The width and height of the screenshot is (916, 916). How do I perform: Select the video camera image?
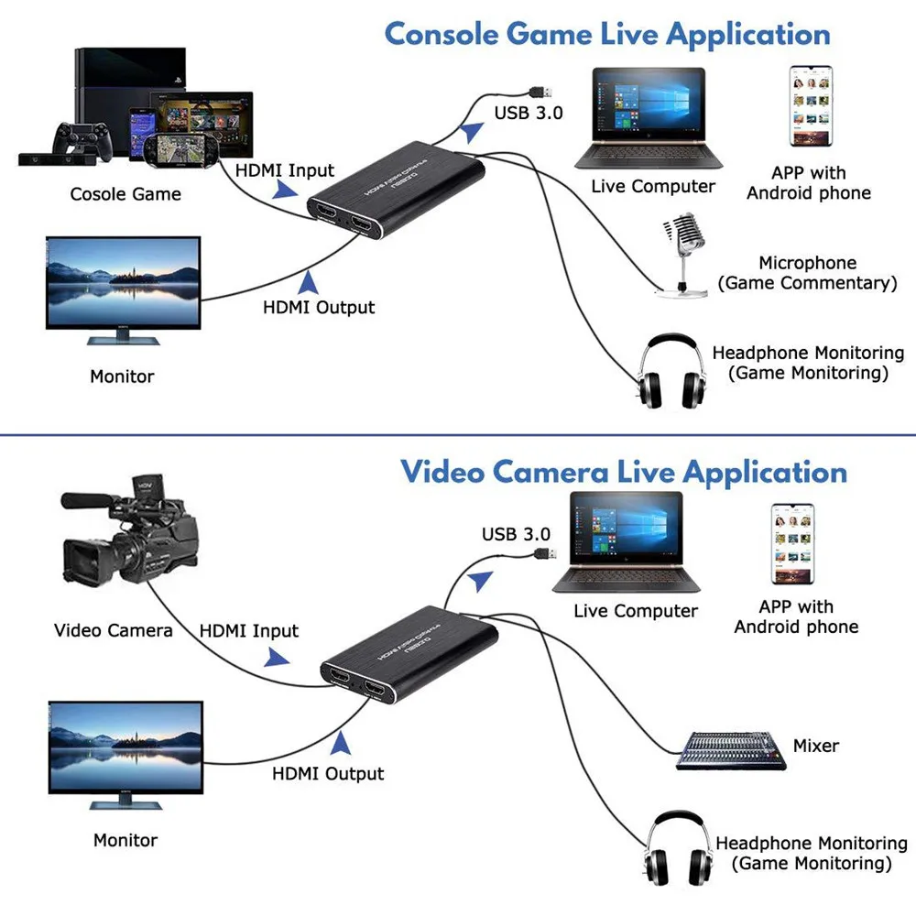click(128, 532)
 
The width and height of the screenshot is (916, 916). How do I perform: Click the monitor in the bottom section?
click(125, 752)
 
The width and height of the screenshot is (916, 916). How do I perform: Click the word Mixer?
click(815, 746)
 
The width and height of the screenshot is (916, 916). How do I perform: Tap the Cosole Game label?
click(125, 194)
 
